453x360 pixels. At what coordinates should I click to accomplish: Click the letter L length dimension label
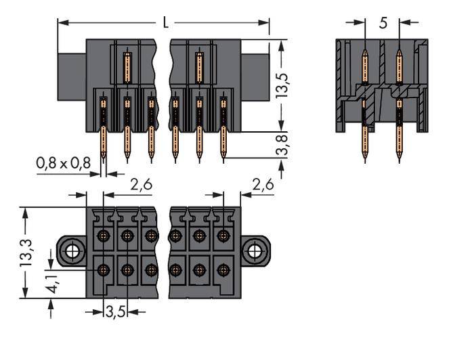pyautogui.click(x=165, y=22)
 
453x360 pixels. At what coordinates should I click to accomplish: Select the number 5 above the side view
pyautogui.click(x=383, y=22)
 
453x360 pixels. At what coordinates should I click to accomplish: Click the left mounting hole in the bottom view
pyautogui.click(x=72, y=252)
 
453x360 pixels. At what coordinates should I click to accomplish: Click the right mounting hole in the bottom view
pyautogui.click(x=255, y=252)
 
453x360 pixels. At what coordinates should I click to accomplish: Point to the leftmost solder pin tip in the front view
pyautogui.click(x=103, y=160)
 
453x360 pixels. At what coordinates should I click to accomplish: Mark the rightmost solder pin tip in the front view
pyautogui.click(x=223, y=160)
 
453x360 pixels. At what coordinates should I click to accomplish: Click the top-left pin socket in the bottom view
pyautogui.click(x=103, y=236)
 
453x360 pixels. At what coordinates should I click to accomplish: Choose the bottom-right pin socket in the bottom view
pyautogui.click(x=223, y=269)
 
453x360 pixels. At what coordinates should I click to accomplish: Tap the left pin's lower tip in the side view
pyautogui.click(x=365, y=160)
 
